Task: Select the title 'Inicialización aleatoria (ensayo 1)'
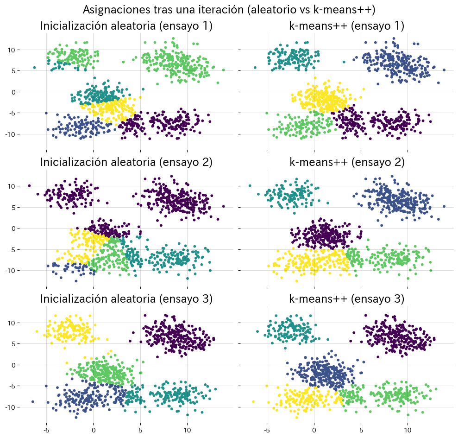pyautogui.click(x=126, y=26)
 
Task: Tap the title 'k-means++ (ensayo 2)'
pyautogui.click(x=347, y=162)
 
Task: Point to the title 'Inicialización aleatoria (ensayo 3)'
pyautogui.click(x=126, y=299)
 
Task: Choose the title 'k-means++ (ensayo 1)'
pyautogui.click(x=347, y=26)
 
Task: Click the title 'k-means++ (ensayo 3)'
pyautogui.click(x=347, y=299)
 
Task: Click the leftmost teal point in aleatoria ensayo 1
pyautogui.click(x=34, y=68)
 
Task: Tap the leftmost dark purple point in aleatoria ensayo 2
pyautogui.click(x=29, y=186)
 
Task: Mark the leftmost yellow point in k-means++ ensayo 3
pyautogui.click(x=253, y=401)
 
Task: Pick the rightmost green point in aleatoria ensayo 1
pyautogui.click(x=224, y=70)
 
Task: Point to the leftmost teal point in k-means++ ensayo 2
pyautogui.click(x=250, y=186)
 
